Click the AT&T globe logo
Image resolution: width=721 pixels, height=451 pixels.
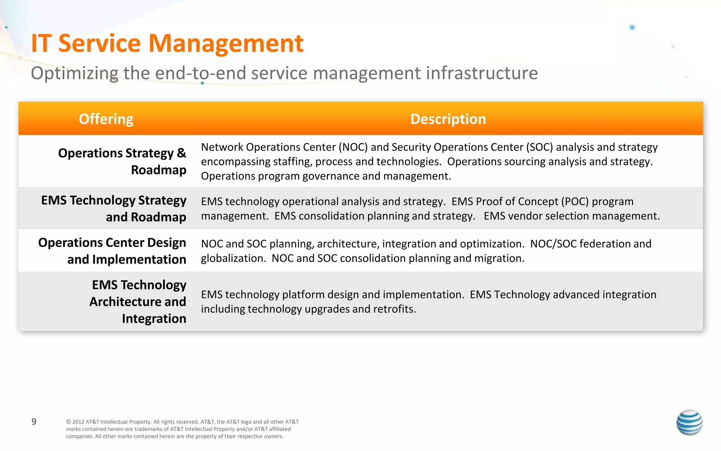pos(689,422)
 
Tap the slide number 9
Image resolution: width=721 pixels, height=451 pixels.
pos(34,422)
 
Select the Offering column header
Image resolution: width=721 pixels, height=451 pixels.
pos(106,119)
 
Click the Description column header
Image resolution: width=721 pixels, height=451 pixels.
pos(448,119)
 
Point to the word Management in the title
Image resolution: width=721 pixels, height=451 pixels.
pos(226,43)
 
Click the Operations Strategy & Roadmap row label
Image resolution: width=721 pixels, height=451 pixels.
pos(122,161)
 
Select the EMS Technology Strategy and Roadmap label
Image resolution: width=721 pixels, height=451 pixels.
pos(114,209)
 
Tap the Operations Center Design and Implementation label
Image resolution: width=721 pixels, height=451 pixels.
pos(112,251)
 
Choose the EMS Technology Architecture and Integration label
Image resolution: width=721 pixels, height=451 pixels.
pos(138,302)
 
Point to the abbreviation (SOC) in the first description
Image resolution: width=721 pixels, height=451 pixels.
pos(539,147)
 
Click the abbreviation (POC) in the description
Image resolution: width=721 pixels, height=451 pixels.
pos(575,202)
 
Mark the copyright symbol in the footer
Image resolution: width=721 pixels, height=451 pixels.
pos(68,422)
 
